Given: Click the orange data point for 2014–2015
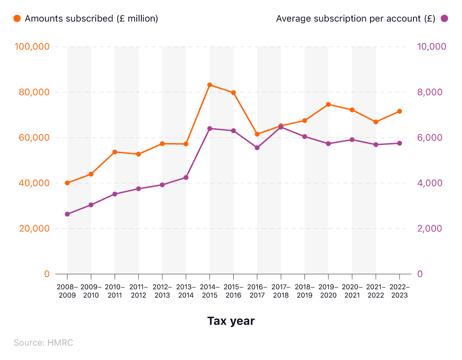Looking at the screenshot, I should click(209, 85).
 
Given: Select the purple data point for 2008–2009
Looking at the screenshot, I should click(67, 214).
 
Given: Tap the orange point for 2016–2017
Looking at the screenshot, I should click(257, 134).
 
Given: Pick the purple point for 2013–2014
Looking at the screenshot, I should click(186, 177).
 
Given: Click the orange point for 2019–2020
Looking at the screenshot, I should click(328, 104).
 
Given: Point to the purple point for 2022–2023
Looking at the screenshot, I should click(400, 143).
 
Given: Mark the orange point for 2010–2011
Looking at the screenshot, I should click(115, 152).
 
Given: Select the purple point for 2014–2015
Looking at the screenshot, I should click(209, 128).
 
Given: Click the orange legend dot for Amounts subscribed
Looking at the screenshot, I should click(17, 18).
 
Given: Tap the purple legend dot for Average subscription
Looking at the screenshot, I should click(444, 18).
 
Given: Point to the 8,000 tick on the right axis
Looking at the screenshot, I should click(430, 92).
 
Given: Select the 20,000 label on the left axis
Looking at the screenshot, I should click(34, 228).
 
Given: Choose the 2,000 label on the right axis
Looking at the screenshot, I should click(430, 228).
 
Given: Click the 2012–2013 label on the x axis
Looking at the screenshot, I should click(162, 291).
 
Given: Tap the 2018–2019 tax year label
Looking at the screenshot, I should click(304, 291).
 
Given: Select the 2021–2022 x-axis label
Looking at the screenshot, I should click(376, 291).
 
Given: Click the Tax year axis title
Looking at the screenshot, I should click(231, 321).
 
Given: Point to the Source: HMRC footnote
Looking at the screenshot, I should click(43, 342).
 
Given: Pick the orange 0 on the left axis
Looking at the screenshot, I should click(46, 274).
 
